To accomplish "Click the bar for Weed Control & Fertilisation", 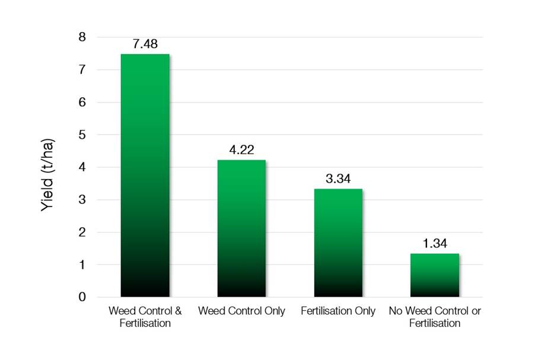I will click(x=145, y=175).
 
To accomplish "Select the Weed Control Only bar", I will click(x=241, y=228).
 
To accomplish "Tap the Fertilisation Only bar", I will click(x=338, y=243).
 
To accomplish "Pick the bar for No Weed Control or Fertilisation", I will click(x=435, y=275).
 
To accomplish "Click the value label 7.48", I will click(x=145, y=44).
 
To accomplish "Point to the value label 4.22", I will click(x=241, y=151).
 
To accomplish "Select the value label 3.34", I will click(x=338, y=179).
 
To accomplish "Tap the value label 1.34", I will click(x=435, y=244).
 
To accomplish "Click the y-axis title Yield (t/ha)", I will click(x=48, y=167).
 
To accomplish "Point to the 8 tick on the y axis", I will click(x=82, y=37).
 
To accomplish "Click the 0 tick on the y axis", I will click(x=82, y=297).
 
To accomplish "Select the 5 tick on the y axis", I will click(x=82, y=135).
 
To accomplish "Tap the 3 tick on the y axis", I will click(x=82, y=200).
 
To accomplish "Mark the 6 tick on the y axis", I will click(x=82, y=102).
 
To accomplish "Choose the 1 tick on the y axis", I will click(x=82, y=265).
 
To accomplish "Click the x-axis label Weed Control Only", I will click(x=241, y=311).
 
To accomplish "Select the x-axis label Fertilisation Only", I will click(x=338, y=311).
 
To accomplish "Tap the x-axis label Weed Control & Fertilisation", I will click(x=145, y=317).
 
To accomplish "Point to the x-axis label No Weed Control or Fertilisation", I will click(x=435, y=317).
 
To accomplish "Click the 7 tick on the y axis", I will click(x=82, y=70).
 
